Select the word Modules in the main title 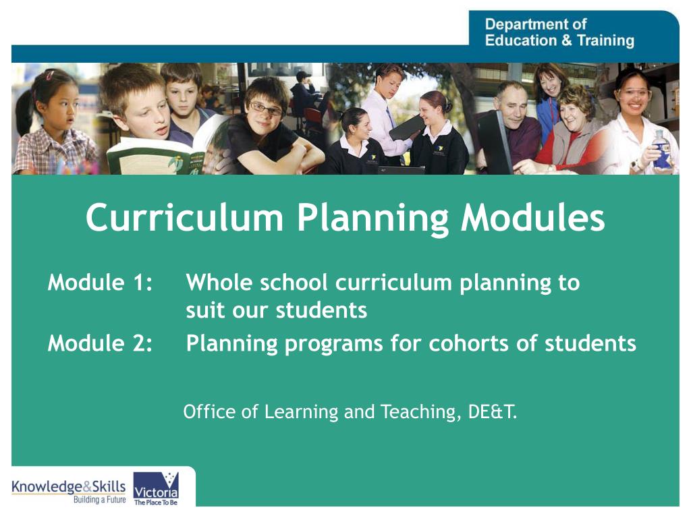(533, 218)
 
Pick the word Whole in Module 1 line (219, 283)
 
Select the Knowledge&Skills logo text (68, 487)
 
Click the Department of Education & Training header (559, 32)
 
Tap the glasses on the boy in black (265, 108)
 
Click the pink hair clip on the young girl (49, 76)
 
